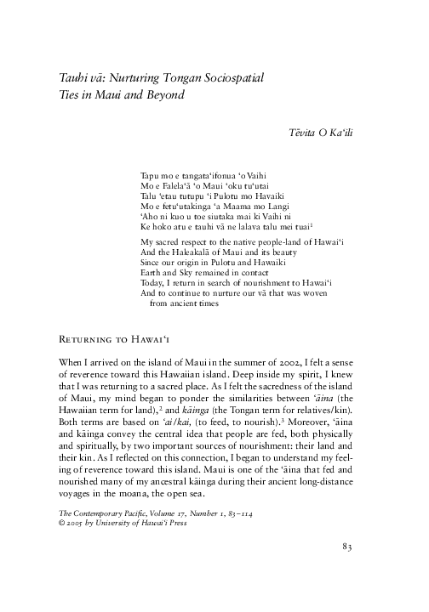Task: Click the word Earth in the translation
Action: [x=149, y=275]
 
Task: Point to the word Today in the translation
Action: [x=150, y=286]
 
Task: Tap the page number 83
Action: [x=347, y=569]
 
